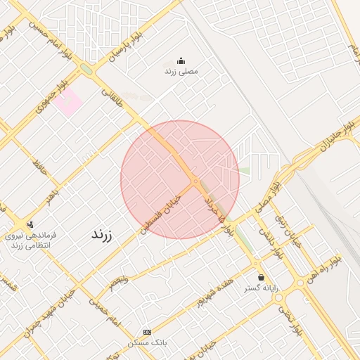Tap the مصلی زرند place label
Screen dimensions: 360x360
tap(181, 71)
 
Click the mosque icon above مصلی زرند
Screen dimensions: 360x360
tap(181, 60)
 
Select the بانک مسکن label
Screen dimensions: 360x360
tap(146, 342)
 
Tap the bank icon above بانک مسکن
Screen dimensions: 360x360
tap(146, 332)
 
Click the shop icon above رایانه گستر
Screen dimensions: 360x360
tap(262, 277)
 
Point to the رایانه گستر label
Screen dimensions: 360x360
tap(262, 288)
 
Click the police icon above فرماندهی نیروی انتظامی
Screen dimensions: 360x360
tap(30, 224)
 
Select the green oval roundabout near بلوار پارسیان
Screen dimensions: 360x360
tap(86, 69)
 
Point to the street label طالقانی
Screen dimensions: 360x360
tap(112, 99)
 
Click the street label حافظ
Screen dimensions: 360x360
tap(39, 167)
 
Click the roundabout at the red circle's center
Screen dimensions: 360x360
tap(195, 181)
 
